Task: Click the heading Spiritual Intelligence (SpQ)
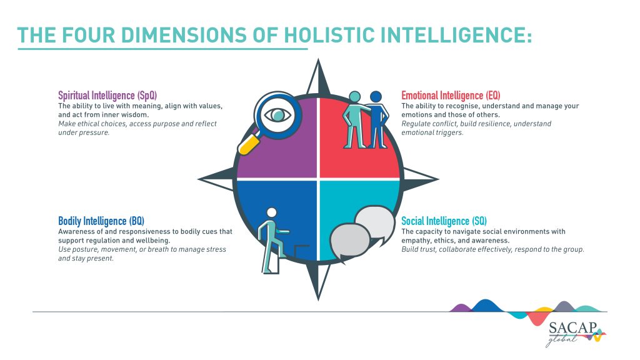point(107,96)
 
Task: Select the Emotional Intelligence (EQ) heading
point(451,96)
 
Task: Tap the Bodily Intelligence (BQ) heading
point(101,221)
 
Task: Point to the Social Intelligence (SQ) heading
point(444,221)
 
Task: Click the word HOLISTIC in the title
point(329,35)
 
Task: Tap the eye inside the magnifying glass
point(277,115)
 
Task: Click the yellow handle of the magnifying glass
point(249,144)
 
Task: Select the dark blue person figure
point(377,119)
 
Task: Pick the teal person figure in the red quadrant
point(355,119)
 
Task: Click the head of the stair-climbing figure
point(271,212)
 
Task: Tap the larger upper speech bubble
point(375,224)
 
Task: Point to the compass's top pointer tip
point(318,59)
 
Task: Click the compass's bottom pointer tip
point(318,301)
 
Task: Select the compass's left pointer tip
point(198,179)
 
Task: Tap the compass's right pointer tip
point(438,179)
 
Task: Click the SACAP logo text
point(572,327)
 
